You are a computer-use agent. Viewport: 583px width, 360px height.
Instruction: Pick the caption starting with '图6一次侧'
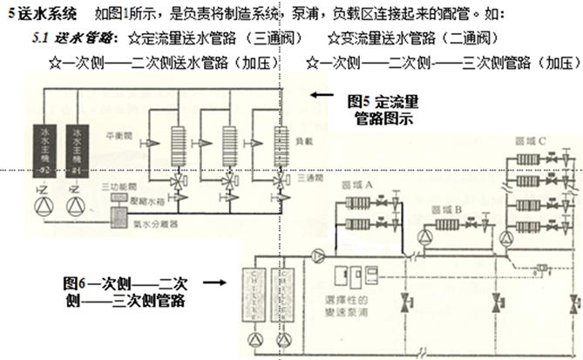(x=126, y=291)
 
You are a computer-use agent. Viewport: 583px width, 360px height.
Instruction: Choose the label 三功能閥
(x=115, y=187)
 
